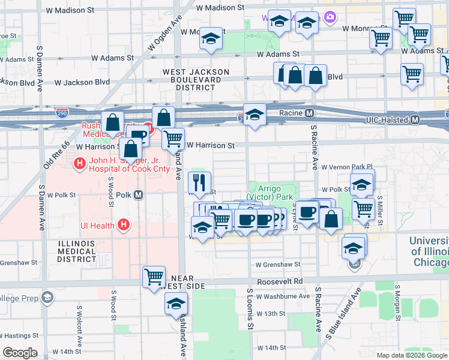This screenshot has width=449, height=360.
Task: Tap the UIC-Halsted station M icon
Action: (x=415, y=121)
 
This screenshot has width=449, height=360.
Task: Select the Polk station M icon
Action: (x=139, y=194)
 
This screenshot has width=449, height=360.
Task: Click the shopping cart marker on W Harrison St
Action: (x=173, y=138)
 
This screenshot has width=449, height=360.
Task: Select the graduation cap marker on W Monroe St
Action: (x=211, y=38)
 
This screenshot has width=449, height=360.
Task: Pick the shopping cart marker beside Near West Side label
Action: (x=154, y=277)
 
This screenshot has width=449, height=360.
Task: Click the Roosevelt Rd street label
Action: (x=280, y=281)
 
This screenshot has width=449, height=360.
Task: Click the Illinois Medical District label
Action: (x=76, y=251)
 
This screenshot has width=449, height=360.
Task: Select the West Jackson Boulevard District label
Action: (x=196, y=79)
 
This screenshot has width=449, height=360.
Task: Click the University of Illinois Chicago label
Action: (x=429, y=251)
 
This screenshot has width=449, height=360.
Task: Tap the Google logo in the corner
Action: (x=20, y=352)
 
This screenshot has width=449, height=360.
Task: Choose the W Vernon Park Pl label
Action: (x=347, y=168)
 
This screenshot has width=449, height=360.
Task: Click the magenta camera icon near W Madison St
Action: (x=329, y=17)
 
